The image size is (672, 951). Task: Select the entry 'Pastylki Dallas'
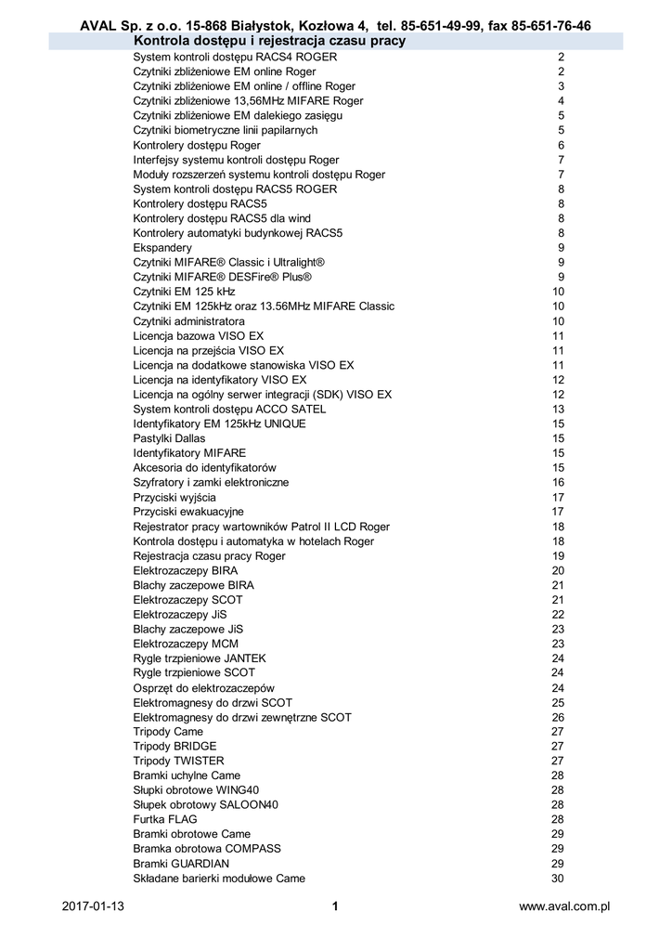click(169, 438)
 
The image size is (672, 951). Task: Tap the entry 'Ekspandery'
click(162, 248)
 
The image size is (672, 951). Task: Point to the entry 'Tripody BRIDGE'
click(174, 746)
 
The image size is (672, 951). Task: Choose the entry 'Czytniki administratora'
click(188, 321)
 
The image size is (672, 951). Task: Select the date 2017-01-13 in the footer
click(93, 906)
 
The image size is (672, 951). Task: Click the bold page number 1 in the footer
click(335, 906)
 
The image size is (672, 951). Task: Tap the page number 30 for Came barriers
click(558, 879)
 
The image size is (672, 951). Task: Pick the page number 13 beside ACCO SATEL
click(558, 409)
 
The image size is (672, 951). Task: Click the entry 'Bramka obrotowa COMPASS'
click(207, 849)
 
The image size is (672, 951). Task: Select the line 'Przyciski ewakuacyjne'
click(188, 512)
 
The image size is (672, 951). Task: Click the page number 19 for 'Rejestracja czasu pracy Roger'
click(558, 556)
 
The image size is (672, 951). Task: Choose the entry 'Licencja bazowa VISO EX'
click(198, 335)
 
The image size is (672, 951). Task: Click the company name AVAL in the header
click(98, 26)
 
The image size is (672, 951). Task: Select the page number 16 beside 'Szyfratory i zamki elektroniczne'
click(558, 483)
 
